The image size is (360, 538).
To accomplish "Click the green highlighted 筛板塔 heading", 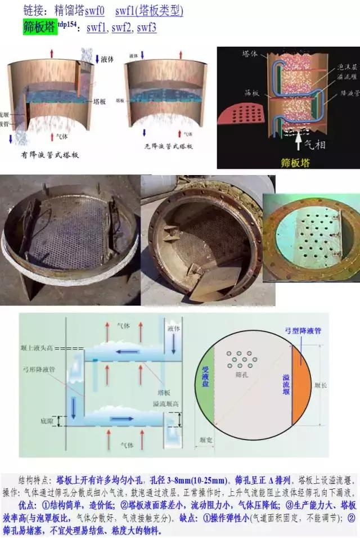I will coord(39,26).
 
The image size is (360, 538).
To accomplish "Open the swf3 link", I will coord(147,27).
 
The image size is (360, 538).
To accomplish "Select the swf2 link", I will coord(121,27).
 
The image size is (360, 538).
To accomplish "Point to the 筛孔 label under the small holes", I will coord(244,372).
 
